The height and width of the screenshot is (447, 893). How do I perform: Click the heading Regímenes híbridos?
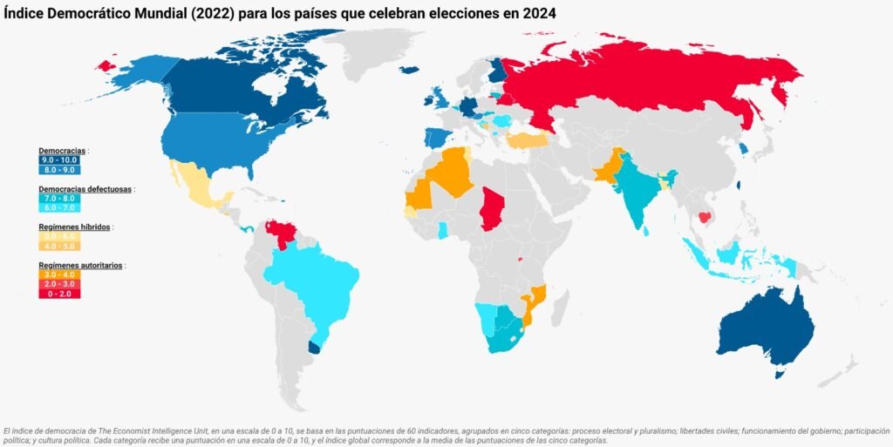pos(74,227)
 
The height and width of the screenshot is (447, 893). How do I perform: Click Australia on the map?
pos(763,327)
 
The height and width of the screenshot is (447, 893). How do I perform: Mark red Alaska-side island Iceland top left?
pos(107,64)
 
